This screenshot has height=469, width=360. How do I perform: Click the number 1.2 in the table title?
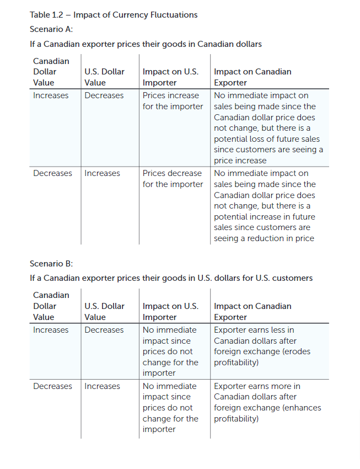(x=56, y=15)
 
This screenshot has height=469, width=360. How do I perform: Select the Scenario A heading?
(x=51, y=29)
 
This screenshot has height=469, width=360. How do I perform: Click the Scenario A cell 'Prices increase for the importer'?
(x=173, y=101)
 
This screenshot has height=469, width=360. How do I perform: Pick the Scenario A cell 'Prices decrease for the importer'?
(x=173, y=179)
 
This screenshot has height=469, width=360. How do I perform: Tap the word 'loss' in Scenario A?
(x=257, y=138)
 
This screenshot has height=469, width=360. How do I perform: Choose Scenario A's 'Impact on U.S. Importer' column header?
(x=170, y=77)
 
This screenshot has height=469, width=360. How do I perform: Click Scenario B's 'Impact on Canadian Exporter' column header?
(x=252, y=312)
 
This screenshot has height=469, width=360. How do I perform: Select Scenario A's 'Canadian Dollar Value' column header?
(x=51, y=72)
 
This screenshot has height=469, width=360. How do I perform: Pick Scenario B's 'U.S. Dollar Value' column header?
(x=104, y=312)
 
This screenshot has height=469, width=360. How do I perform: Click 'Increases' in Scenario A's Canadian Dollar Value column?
(x=51, y=95)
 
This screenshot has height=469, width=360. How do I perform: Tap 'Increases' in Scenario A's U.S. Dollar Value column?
(x=102, y=173)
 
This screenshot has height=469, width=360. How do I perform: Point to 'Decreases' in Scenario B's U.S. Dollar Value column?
(x=104, y=330)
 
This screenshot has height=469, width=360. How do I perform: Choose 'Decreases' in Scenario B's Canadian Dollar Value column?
(x=52, y=386)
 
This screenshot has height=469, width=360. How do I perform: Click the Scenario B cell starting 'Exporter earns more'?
(x=267, y=402)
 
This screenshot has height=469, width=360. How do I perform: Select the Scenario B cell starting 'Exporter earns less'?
(x=262, y=346)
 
